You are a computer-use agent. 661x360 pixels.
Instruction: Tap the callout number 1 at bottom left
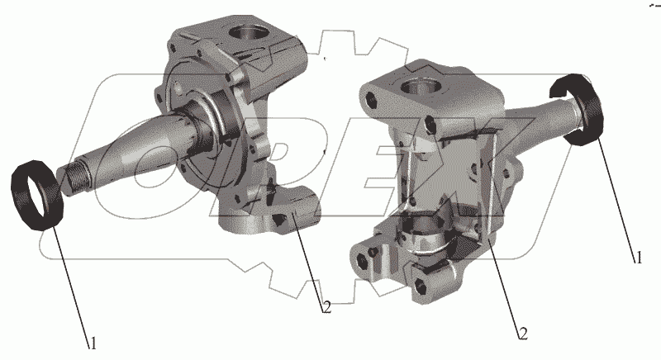click(x=93, y=343)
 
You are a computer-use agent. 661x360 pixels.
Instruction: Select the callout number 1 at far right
click(x=639, y=258)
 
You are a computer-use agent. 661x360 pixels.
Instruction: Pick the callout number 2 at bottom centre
click(x=326, y=307)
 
